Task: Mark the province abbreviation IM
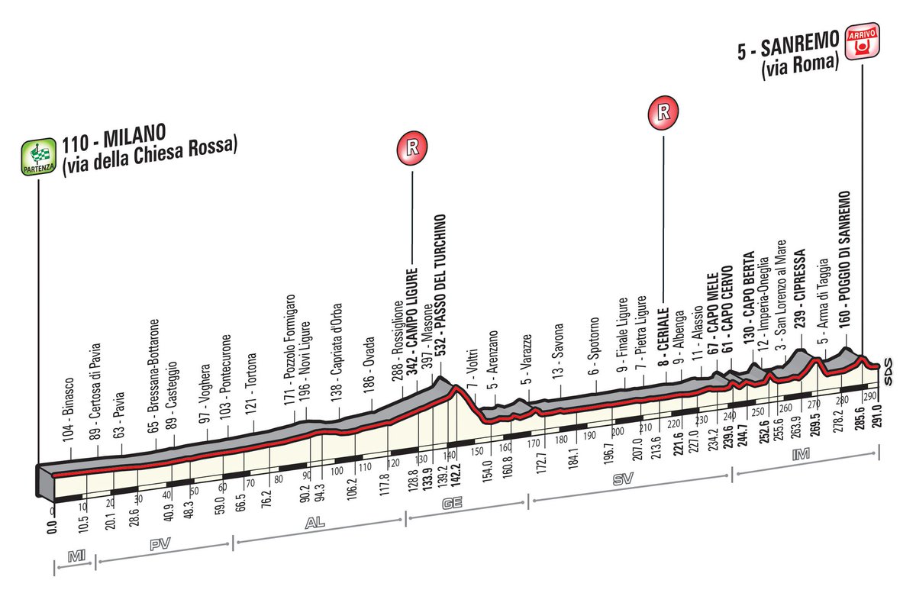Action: tap(800, 454)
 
